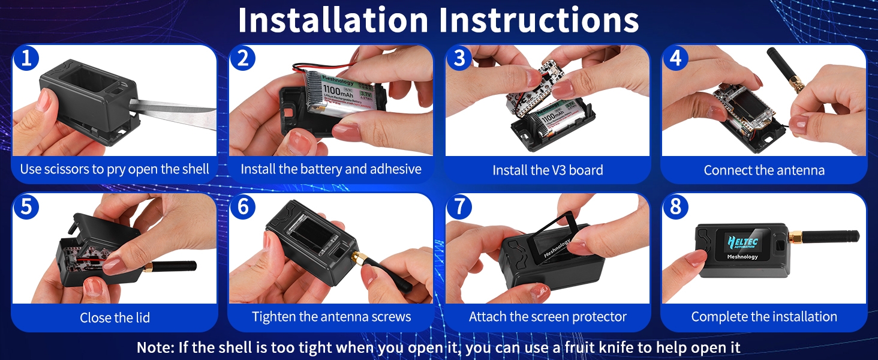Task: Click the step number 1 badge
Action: point(26,58)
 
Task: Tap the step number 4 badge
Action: point(675,58)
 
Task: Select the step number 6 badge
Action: point(243,206)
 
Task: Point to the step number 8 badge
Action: point(675,206)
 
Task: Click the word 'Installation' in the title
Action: point(333,20)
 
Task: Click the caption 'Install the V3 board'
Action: point(548,170)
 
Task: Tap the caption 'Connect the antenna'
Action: point(764,170)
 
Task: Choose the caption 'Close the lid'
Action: point(115,317)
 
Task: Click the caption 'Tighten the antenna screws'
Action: point(331,316)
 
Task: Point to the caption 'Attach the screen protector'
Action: point(548,316)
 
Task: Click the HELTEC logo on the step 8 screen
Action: point(742,242)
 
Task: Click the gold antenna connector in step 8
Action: point(795,237)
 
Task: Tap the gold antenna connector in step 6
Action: point(359,259)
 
